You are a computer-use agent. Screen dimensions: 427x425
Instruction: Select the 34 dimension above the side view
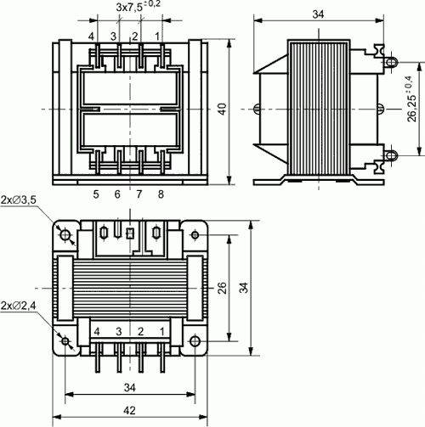319,14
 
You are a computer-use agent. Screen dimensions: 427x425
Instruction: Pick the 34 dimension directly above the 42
132,387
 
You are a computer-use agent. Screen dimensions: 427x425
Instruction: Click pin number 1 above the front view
157,36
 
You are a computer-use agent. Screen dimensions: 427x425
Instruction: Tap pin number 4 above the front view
91,36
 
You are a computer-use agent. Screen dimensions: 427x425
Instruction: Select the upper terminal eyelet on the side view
390,62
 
